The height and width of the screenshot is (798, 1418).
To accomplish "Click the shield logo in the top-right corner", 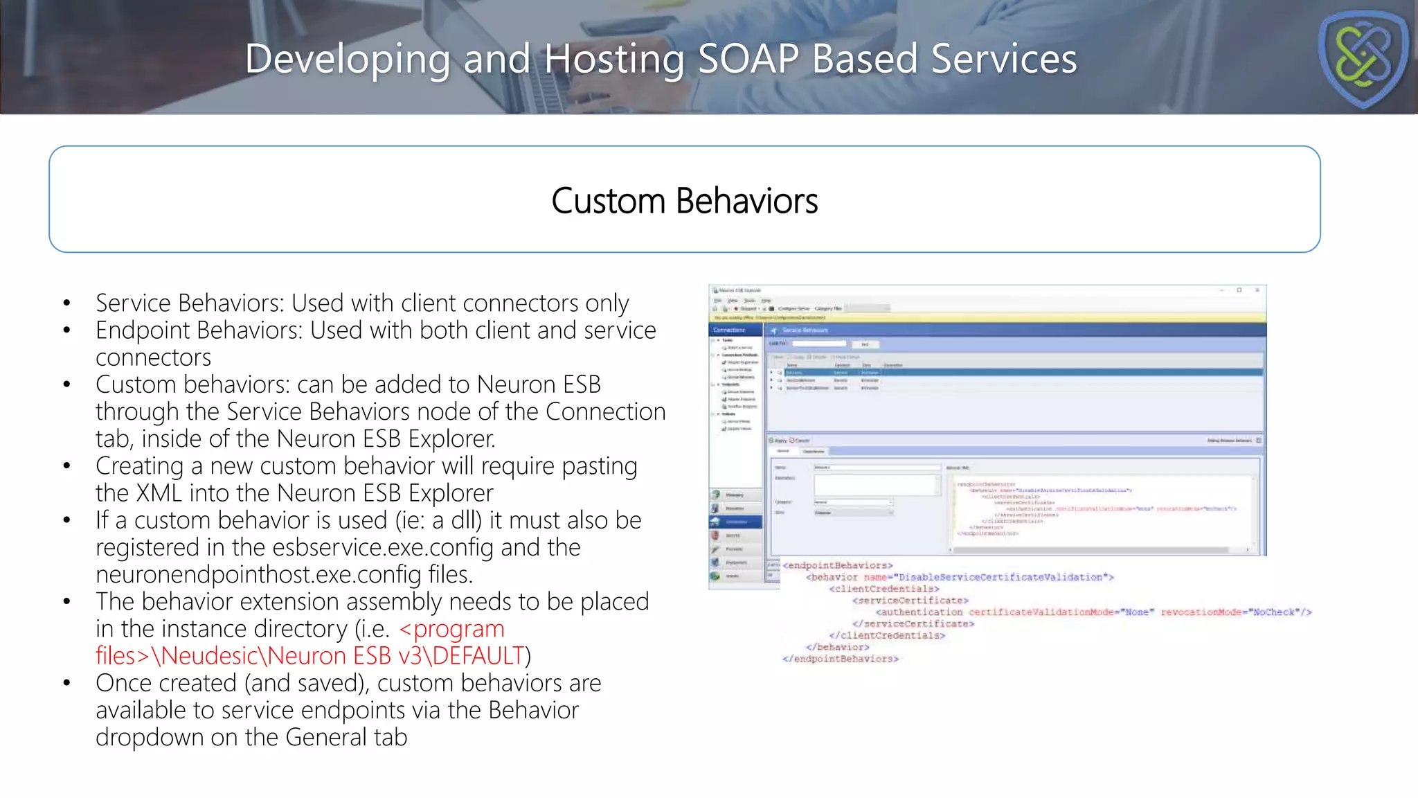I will coord(1363,60).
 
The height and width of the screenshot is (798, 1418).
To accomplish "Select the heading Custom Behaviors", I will coord(684,201).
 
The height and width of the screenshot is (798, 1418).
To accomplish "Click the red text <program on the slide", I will coord(452,629).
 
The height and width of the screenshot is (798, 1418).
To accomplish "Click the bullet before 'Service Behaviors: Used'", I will coord(66,303).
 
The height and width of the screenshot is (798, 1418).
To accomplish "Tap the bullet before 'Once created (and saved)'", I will coord(66,684).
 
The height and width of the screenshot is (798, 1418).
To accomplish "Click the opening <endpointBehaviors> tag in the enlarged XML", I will coord(837,565).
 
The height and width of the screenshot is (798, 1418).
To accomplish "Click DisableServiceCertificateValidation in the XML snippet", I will coord(1000,577).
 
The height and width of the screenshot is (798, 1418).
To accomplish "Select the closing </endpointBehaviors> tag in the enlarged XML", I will coord(840,659).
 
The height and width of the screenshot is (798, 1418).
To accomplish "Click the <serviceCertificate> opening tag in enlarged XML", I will coord(910,601).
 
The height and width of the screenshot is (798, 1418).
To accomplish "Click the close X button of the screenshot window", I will coord(1257,290).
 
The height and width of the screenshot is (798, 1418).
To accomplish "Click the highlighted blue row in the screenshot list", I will coord(1018,373).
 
